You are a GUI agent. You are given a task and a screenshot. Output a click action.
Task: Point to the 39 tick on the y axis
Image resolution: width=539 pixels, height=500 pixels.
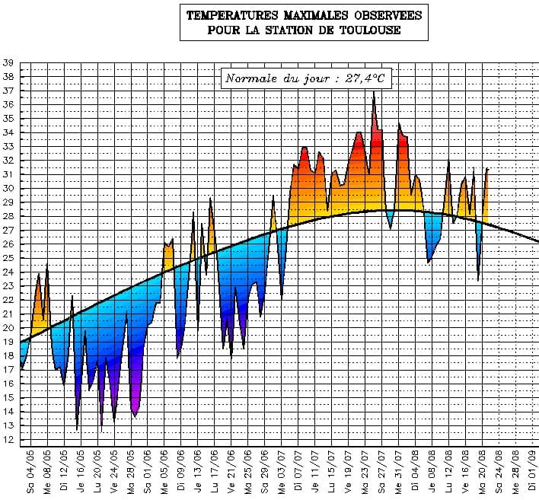point(8,63)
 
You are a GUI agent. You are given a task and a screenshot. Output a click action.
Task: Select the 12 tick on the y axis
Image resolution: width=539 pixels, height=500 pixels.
point(8,440)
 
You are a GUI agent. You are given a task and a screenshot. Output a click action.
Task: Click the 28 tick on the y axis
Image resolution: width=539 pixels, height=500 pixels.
point(8,217)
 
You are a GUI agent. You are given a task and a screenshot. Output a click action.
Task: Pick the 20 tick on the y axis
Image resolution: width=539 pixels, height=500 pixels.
point(8,328)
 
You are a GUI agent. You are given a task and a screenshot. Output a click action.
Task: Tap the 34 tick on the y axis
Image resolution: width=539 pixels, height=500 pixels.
point(8,133)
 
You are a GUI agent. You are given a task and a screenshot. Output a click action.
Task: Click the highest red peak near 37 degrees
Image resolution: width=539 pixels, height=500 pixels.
point(373,94)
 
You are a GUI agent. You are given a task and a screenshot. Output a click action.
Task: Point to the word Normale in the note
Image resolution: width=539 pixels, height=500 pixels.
point(251,78)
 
